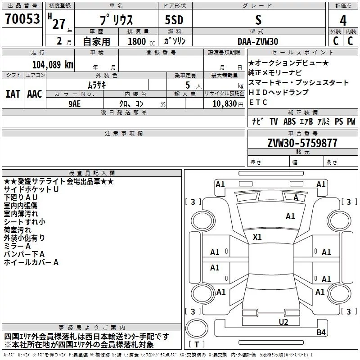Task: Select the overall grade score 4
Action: coord(343,20)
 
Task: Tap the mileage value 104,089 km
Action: coord(53,64)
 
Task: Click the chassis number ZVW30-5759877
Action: coord(302,144)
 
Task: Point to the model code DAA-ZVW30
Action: coord(258,41)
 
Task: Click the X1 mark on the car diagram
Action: coord(257,237)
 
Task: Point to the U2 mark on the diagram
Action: coord(283,322)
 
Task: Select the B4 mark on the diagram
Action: coord(321,332)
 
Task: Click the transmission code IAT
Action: coord(13,94)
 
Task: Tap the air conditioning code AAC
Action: coord(34,94)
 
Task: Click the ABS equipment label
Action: coord(289,121)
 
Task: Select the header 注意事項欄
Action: coord(123,134)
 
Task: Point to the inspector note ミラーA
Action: coord(17,246)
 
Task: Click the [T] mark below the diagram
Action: coord(197,345)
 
